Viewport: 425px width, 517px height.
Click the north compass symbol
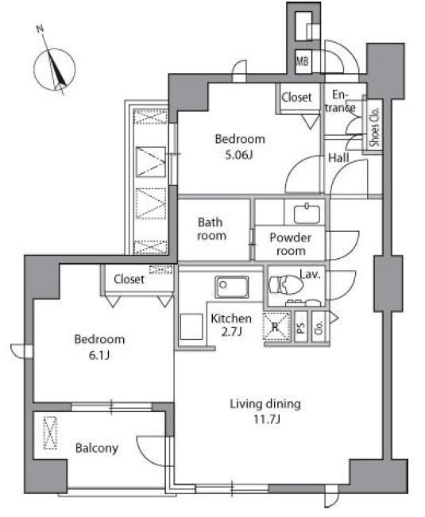[55, 69]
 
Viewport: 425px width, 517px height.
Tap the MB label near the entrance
[303, 61]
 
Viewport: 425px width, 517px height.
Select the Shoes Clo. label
[375, 127]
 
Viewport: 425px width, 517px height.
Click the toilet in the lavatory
[286, 284]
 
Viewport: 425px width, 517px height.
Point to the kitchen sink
[232, 287]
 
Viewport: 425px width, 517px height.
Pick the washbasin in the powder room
[307, 213]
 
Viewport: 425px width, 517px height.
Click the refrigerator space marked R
[276, 326]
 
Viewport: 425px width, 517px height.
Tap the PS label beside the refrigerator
[301, 326]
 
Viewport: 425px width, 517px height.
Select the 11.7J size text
[267, 419]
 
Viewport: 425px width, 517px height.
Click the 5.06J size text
[239, 155]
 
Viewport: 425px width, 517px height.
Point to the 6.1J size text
[99, 355]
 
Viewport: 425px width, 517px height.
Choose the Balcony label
[97, 448]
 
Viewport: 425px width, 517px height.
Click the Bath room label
[211, 229]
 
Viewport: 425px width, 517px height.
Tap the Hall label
[338, 158]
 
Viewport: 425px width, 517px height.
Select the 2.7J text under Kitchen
[232, 331]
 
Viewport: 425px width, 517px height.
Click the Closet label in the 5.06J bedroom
[296, 97]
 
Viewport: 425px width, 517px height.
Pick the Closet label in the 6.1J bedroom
[129, 280]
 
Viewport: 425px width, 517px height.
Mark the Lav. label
[310, 274]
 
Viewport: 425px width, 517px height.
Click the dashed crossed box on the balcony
[50, 433]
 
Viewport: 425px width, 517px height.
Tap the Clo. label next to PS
[319, 326]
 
